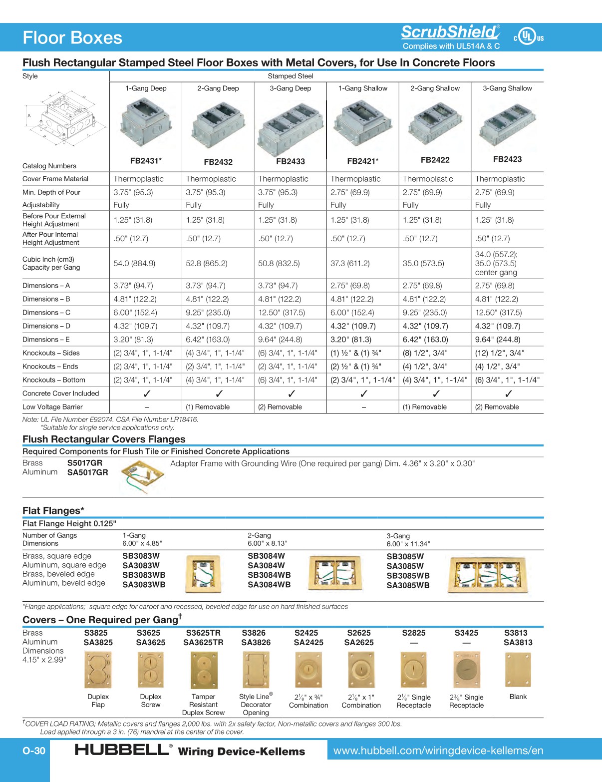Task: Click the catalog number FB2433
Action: (291, 161)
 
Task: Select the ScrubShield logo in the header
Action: (450, 32)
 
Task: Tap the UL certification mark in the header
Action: (528, 37)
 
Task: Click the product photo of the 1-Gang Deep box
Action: (145, 122)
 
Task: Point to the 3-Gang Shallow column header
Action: (507, 88)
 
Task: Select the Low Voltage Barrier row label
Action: (52, 407)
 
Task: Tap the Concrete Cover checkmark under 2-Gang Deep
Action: (219, 393)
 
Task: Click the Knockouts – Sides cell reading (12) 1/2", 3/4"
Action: (500, 353)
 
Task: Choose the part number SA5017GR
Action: (87, 472)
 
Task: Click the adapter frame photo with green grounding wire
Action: (142, 475)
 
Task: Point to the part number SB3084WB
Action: (269, 575)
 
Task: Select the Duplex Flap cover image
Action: (98, 670)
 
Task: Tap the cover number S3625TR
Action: (203, 633)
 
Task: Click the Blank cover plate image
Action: (518, 670)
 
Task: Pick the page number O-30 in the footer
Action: (34, 751)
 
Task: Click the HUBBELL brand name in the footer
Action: (122, 750)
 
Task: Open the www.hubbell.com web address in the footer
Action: (438, 751)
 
